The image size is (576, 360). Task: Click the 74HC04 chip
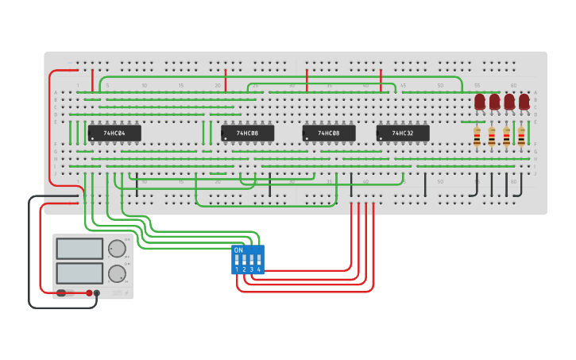tap(114, 133)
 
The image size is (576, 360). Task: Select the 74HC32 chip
tap(403, 133)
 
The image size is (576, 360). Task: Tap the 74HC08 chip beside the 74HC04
tap(247, 133)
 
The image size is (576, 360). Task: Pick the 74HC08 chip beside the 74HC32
tap(329, 133)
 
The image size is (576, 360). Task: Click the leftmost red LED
tap(480, 102)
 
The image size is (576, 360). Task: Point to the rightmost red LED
tap(524, 102)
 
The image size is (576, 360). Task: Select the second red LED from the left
tap(494, 102)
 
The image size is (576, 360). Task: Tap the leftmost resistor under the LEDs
tap(477, 137)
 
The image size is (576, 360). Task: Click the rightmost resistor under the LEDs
tap(521, 137)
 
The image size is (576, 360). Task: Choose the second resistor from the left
tap(492, 137)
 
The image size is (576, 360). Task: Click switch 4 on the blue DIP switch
tap(259, 260)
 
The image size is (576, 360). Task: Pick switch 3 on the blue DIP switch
tap(252, 260)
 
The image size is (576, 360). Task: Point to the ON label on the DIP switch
tap(238, 250)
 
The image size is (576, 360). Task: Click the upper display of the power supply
tap(79, 249)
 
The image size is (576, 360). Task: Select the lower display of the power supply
tap(79, 273)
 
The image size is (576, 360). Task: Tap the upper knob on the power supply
tap(117, 249)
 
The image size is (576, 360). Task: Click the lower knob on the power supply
tap(117, 274)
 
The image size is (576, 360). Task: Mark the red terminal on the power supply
tap(89, 293)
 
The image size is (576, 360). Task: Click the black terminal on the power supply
tap(97, 293)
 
